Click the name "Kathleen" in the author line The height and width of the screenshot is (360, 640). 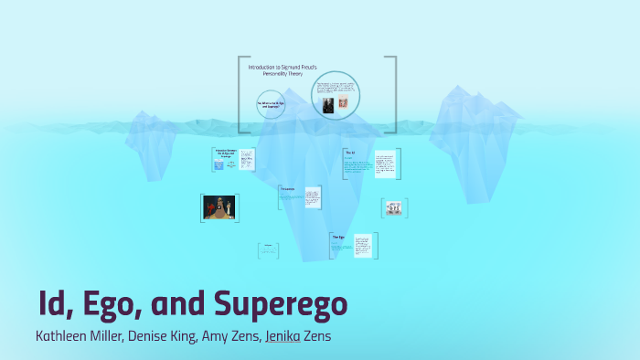pos(65,335)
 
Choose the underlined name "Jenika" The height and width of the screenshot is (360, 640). pos(282,335)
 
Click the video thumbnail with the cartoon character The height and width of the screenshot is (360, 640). pos(219,207)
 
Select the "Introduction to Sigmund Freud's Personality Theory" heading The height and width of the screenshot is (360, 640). pos(276,69)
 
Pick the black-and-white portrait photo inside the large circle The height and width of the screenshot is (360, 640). pos(327,105)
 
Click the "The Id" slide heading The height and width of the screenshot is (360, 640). pos(349,152)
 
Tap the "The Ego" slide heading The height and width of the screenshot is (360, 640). pos(337,237)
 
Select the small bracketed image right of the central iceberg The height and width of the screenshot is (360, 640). pos(394,208)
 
